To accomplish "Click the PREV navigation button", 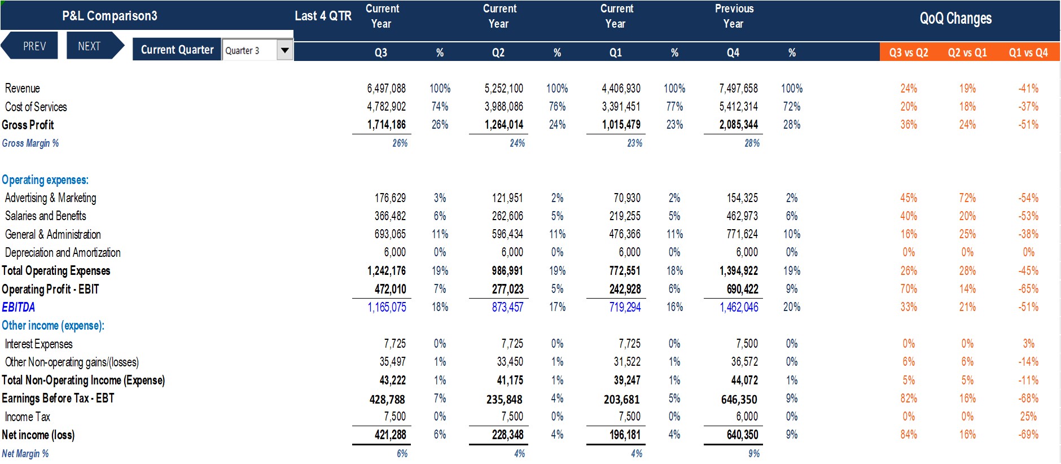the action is click(x=30, y=46).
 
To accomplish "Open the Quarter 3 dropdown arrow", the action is click(x=285, y=50).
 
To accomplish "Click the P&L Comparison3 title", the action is click(x=109, y=16).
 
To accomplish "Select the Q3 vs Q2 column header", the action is click(x=909, y=52).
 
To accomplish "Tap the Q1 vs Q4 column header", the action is click(x=1028, y=52).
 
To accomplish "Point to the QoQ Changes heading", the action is click(x=955, y=19).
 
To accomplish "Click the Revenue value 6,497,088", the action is click(x=386, y=89).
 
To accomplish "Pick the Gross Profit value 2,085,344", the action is click(x=738, y=125).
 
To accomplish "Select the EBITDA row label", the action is click(x=19, y=307).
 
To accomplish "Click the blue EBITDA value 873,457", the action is click(x=507, y=307).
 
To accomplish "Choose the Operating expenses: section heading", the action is click(x=45, y=180).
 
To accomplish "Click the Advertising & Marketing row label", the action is click(x=51, y=198).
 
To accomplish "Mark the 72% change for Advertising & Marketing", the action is click(x=967, y=198).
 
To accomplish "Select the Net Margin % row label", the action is click(x=25, y=454).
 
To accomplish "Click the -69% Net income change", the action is click(x=1028, y=435).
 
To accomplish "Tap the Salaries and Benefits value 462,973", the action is click(x=742, y=216).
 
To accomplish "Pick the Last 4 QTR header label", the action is click(x=323, y=16).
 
